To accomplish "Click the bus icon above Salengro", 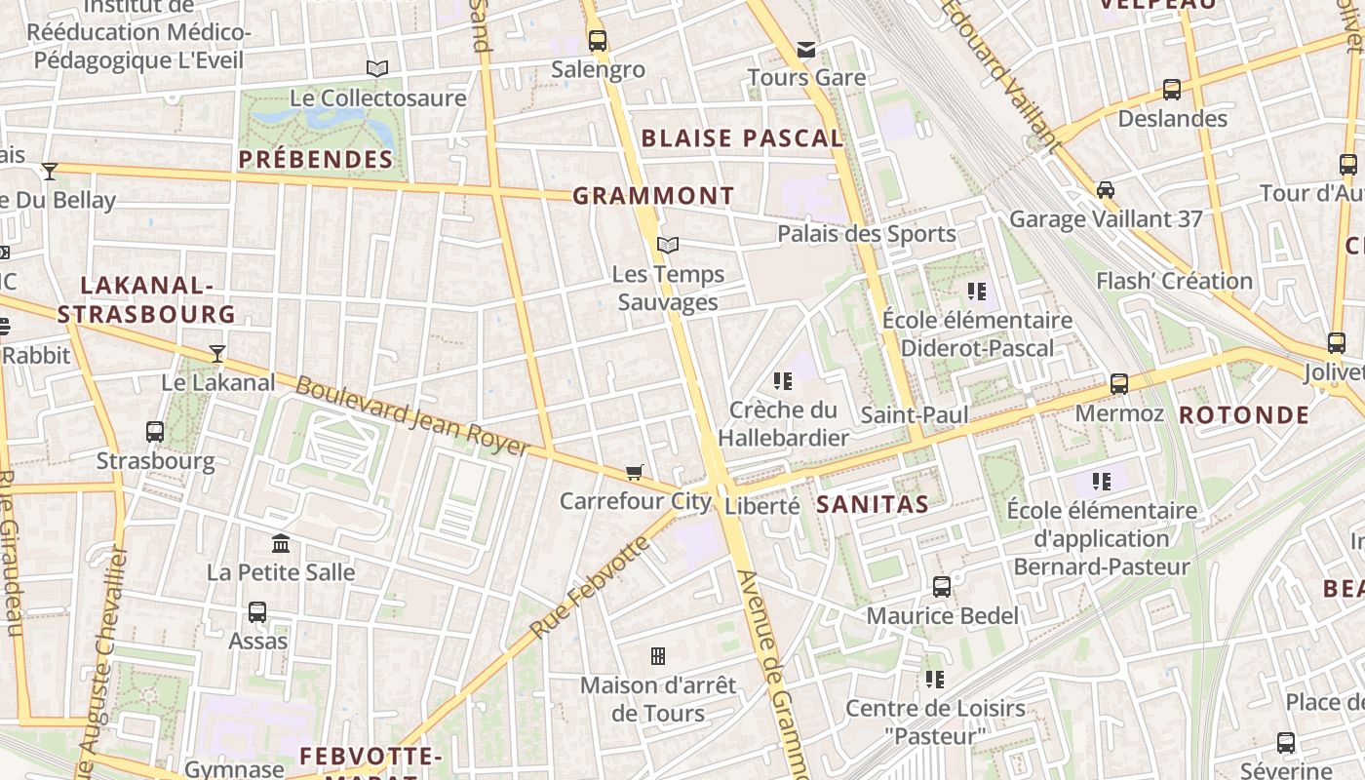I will (x=597, y=41).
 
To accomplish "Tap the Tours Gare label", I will (x=806, y=77).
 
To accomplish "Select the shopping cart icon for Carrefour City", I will (x=634, y=473).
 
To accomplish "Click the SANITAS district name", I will (x=872, y=504).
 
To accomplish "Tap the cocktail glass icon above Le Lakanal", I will (x=216, y=354).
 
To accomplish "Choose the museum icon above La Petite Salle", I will (x=281, y=543).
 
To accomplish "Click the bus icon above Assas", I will (x=257, y=612).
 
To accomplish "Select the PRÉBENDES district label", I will (x=316, y=159).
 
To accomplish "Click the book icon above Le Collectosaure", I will (x=377, y=68).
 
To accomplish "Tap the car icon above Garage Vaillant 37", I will (x=1106, y=189).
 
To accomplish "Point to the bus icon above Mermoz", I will (x=1119, y=384).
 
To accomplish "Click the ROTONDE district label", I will (x=1244, y=414).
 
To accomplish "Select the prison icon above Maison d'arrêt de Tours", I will (x=658, y=656).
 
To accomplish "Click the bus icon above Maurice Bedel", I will (x=942, y=587).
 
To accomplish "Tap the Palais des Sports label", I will (x=867, y=234).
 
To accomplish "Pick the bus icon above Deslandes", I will (x=1172, y=90).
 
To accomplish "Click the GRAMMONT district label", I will (x=653, y=196).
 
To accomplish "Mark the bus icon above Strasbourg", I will (x=155, y=431).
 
